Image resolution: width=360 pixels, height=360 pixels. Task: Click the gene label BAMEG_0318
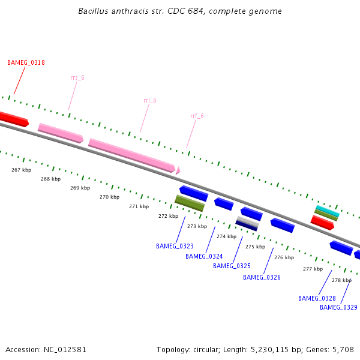tap(26, 62)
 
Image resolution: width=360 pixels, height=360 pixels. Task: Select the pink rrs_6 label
tap(77, 78)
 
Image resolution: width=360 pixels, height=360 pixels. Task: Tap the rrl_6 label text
tap(150, 100)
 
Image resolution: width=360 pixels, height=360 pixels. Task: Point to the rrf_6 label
tap(197, 116)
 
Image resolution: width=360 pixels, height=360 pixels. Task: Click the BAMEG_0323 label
tap(175, 246)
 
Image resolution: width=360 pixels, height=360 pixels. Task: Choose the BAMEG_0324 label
tap(204, 256)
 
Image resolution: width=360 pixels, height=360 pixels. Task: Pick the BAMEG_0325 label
tap(232, 266)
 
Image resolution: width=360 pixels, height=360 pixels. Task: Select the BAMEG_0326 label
tap(262, 277)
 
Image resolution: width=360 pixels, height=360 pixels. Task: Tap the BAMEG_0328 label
tap(317, 298)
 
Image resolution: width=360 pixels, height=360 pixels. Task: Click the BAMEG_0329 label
tap(338, 307)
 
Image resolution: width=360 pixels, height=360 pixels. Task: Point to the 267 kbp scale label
tap(21, 170)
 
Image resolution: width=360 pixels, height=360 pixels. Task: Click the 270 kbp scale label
tap(109, 197)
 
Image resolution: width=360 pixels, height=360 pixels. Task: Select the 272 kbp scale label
tap(168, 216)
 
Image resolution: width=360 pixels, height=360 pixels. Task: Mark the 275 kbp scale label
tap(255, 247)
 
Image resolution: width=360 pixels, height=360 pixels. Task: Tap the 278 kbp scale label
tap(341, 280)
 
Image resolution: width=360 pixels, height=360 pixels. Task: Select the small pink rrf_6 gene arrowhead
tap(178, 171)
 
